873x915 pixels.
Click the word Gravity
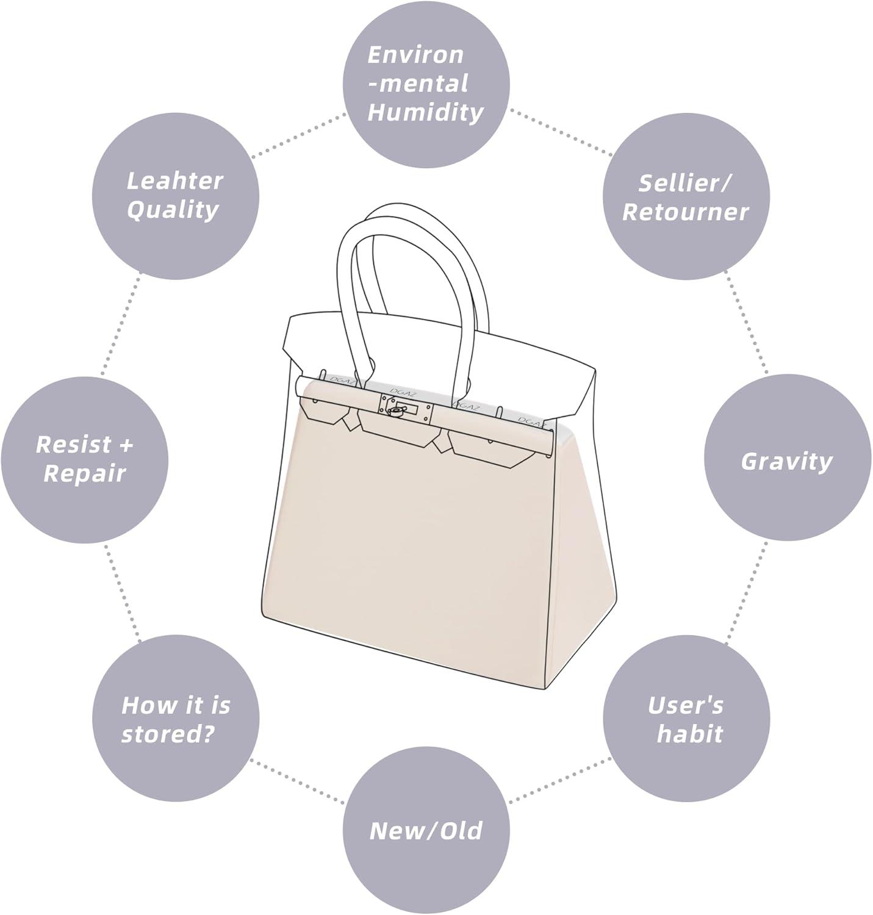pyautogui.click(x=786, y=461)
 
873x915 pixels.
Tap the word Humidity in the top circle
pyautogui.click(x=425, y=113)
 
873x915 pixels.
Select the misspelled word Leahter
pyautogui.click(x=174, y=181)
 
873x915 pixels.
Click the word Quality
pyautogui.click(x=173, y=210)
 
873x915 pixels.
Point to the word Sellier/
pyautogui.click(x=685, y=183)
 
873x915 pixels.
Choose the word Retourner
pyautogui.click(x=685, y=212)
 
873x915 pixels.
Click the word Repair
pyautogui.click(x=84, y=473)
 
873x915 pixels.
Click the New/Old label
pyautogui.click(x=426, y=831)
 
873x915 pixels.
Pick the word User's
pyautogui.click(x=685, y=705)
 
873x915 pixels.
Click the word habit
pyautogui.click(x=689, y=734)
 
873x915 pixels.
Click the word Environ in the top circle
pyautogui.click(x=415, y=55)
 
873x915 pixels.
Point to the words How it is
pyautogui.click(x=176, y=705)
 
